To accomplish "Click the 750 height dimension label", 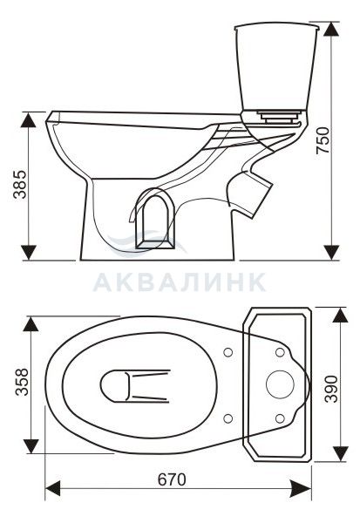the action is click(323, 140).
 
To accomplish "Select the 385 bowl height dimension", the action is click(19, 185).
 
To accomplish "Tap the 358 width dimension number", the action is click(21, 382).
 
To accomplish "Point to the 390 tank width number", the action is click(331, 389).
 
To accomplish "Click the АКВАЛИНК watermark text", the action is click(180, 282).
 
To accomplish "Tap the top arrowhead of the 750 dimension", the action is click(331, 30).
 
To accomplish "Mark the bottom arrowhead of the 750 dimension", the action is click(331, 252).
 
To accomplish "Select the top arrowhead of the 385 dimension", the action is click(28, 119).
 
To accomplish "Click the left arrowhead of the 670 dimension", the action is click(52, 488).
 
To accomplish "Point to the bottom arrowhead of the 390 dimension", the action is click(340, 453).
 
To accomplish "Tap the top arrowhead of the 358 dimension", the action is click(31, 324).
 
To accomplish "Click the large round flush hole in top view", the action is click(280, 384).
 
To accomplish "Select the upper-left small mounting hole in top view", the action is click(228, 352).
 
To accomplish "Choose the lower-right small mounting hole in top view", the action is click(280, 418).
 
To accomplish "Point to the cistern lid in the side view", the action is click(277, 27).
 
